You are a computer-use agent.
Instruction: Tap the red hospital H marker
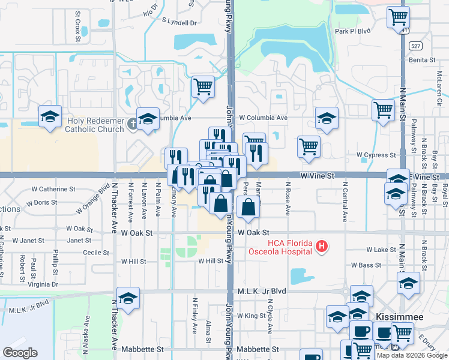click(322, 246)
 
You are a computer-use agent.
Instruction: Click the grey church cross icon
click(133, 125)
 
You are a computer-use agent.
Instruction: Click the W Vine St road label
click(316, 175)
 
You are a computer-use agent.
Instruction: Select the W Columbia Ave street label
click(264, 118)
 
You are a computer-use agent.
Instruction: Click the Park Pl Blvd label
click(355, 31)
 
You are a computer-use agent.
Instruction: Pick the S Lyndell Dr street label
click(179, 22)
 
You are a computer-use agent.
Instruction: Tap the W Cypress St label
click(376, 155)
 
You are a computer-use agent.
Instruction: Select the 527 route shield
click(415, 46)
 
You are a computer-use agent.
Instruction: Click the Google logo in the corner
click(20, 353)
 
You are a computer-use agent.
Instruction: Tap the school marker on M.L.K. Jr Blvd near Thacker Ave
click(128, 298)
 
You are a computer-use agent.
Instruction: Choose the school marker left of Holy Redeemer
click(50, 116)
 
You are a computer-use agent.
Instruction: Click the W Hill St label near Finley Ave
click(211, 261)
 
